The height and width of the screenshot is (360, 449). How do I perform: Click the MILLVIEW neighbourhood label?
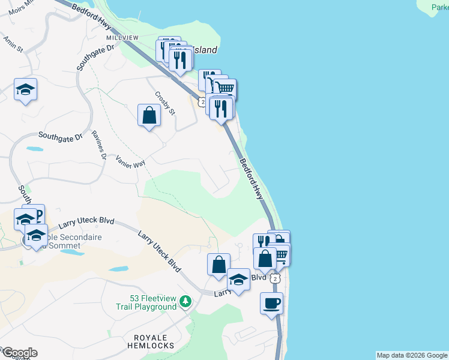pos(118,37)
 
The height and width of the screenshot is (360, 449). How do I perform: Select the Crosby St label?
pos(164,103)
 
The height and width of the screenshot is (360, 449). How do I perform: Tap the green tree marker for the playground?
pos(186,301)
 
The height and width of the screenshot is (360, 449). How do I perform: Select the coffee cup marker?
pos(271,302)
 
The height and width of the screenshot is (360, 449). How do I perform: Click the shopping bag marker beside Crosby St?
pos(149,115)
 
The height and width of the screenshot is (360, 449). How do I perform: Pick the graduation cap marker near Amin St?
pos(25,90)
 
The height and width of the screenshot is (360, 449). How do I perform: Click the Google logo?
pos(19,353)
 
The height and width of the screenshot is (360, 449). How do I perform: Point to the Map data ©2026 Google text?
pos(412,355)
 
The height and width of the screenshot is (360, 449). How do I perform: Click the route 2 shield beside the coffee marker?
pos(275,279)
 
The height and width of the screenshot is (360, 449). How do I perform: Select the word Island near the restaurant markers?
pos(205,50)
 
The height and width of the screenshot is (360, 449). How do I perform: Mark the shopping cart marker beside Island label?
pos(225,89)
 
